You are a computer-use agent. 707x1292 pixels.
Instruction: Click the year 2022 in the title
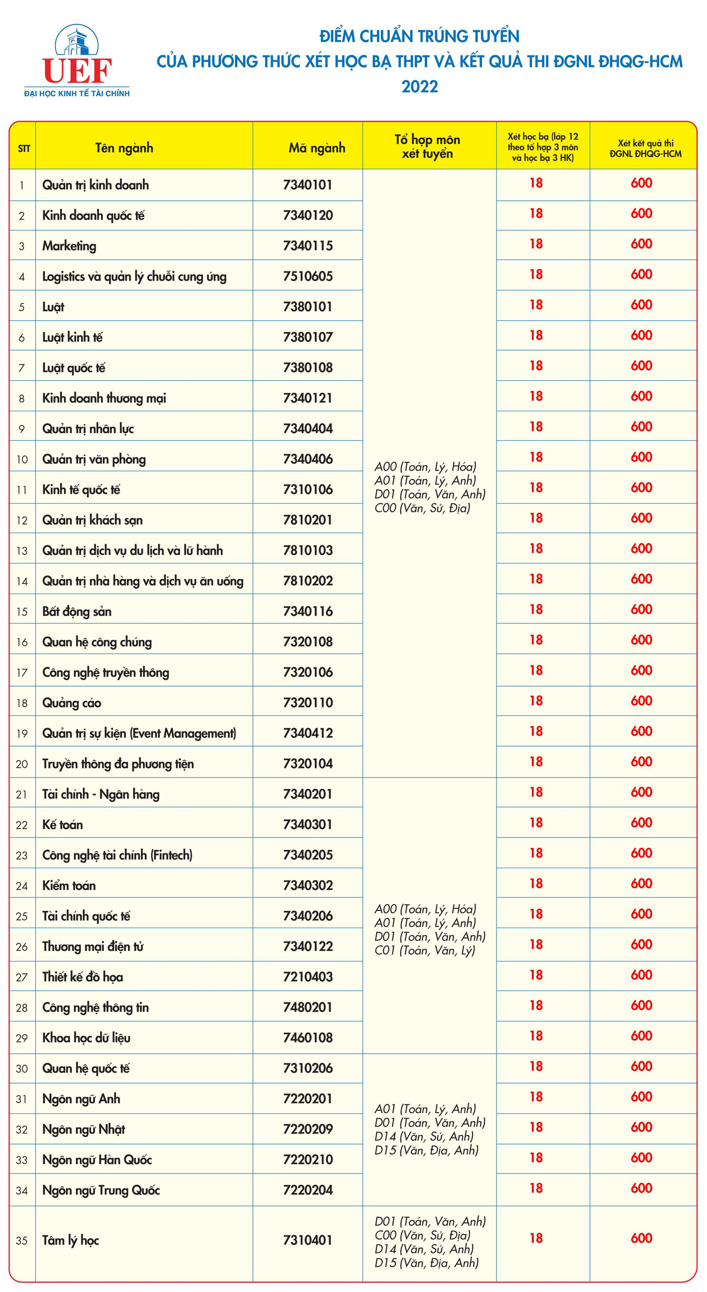(x=420, y=86)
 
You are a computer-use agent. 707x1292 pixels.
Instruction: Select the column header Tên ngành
(x=124, y=148)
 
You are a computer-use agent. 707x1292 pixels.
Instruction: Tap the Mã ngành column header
(x=316, y=148)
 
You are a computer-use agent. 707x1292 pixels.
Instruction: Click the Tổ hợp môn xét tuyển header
(x=427, y=146)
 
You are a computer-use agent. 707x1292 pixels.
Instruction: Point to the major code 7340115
(x=308, y=246)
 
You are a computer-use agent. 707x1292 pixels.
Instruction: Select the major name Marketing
(x=69, y=246)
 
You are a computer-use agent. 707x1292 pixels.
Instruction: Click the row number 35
(x=22, y=1241)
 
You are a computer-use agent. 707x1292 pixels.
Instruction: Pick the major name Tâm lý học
(x=71, y=1241)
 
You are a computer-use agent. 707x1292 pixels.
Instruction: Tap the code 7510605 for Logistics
(x=308, y=276)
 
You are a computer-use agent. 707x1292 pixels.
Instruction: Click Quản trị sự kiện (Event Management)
(x=139, y=733)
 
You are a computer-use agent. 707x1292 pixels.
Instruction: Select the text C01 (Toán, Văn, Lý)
(x=425, y=950)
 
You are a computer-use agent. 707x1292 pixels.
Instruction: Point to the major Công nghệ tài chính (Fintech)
(x=117, y=855)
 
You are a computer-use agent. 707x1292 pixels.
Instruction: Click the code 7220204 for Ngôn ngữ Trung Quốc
(x=308, y=1190)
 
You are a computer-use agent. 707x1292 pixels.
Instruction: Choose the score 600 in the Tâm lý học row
(x=641, y=1239)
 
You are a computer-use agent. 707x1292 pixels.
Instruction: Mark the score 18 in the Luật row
(x=536, y=305)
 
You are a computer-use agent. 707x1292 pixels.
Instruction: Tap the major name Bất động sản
(x=77, y=611)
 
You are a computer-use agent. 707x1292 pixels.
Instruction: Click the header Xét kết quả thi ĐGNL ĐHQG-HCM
(x=645, y=148)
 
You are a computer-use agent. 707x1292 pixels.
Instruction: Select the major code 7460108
(x=308, y=1038)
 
